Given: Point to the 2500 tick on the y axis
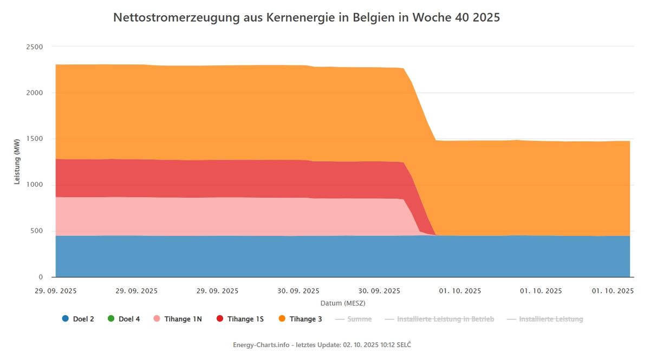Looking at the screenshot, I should [x=35, y=47].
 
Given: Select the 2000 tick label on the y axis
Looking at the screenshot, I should [x=35, y=93].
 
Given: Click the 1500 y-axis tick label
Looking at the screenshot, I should [x=35, y=139].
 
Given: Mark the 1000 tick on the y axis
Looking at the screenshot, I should [x=35, y=185].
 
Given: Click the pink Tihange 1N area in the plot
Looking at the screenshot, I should [x=217, y=217].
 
